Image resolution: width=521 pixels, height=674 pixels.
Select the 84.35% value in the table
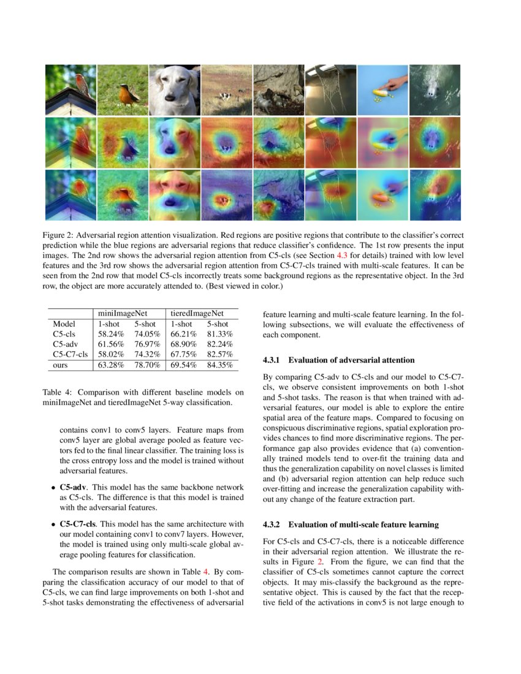[x=218, y=365]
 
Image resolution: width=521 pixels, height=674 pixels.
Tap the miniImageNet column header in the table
[x=124, y=312]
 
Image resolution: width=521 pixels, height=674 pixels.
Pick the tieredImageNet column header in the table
[x=197, y=312]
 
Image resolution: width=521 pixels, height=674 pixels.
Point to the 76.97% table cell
[x=147, y=344]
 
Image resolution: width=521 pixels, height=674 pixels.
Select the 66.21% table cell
[x=183, y=334]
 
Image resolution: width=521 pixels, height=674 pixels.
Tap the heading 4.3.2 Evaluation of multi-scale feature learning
[x=351, y=524]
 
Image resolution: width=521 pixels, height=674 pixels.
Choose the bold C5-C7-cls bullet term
[x=78, y=524]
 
